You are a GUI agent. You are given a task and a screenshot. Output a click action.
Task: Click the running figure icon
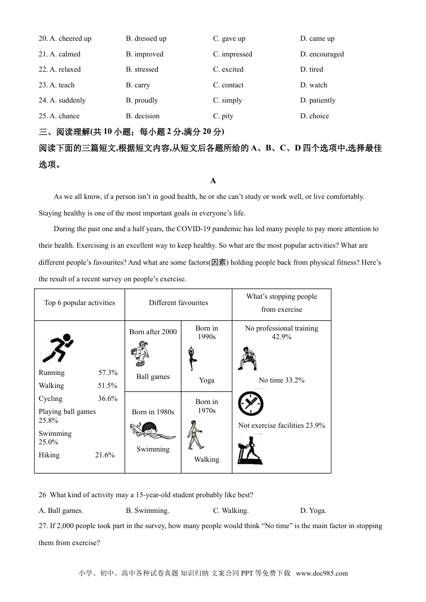point(57,348)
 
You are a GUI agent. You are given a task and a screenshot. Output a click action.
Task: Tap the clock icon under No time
point(250,404)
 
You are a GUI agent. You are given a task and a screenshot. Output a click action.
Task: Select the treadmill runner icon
point(250,450)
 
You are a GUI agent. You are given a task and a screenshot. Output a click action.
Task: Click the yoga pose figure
point(192,358)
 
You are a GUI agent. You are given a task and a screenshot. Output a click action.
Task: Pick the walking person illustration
point(195,435)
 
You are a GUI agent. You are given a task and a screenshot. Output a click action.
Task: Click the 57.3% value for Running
point(108,373)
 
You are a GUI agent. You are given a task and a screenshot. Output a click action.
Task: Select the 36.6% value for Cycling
point(108,399)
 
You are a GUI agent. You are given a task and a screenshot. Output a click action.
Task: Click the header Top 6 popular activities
point(79,303)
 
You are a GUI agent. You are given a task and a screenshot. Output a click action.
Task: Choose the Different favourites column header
point(178,303)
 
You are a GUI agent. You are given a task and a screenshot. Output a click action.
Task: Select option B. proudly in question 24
point(142,100)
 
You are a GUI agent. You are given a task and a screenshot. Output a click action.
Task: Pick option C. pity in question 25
point(223,116)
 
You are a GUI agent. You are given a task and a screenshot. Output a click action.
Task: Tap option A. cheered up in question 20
point(65,39)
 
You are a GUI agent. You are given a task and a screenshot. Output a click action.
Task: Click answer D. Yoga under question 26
point(313,511)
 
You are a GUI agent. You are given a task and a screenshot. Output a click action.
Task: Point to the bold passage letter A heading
point(213,181)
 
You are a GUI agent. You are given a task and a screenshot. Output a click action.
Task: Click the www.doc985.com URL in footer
point(322,573)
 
